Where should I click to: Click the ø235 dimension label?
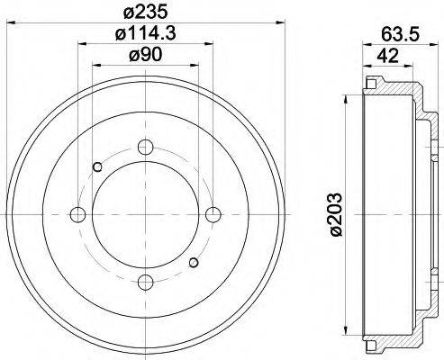pyautogui.click(x=147, y=13)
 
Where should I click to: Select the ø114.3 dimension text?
pyautogui.click(x=147, y=35)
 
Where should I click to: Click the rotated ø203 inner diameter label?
pyautogui.click(x=336, y=214)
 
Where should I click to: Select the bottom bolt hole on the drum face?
pyautogui.click(x=145, y=283)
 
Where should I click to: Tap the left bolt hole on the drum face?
pyautogui.click(x=77, y=215)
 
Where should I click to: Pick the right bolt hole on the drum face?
pyautogui.click(x=213, y=215)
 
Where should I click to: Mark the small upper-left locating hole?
pyautogui.click(x=98, y=166)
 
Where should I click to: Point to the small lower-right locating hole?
pyautogui.click(x=193, y=263)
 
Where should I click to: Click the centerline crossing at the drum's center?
pyautogui.click(x=145, y=215)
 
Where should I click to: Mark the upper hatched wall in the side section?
pyautogui.click(x=396, y=91)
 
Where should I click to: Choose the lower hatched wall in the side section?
pyautogui.click(x=396, y=339)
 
